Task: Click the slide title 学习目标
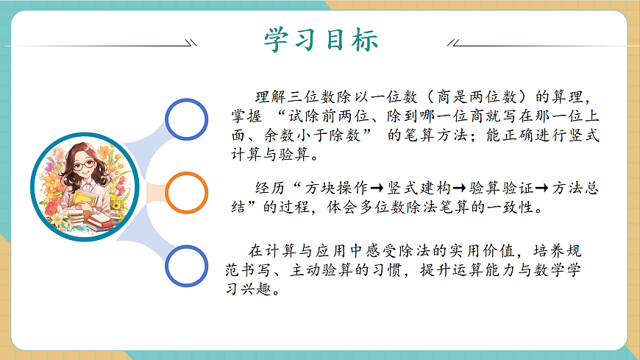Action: pos(321,38)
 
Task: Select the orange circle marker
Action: pos(186,192)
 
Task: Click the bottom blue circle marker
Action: pos(187,266)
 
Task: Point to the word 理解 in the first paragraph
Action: pos(269,96)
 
